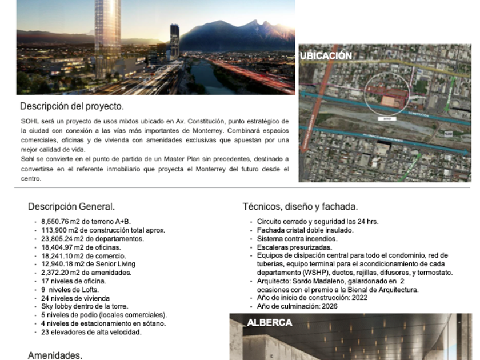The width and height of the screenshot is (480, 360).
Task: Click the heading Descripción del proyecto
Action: pyautogui.click(x=71, y=106)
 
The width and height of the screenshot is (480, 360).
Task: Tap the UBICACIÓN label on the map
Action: pyautogui.click(x=326, y=56)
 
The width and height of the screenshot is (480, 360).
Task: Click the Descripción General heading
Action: pyautogui.click(x=71, y=207)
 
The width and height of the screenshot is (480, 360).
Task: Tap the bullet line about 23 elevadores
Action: pyautogui.click(x=91, y=332)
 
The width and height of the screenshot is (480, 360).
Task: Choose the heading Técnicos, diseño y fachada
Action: pyautogui.click(x=300, y=207)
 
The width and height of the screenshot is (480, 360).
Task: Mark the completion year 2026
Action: pyautogui.click(x=330, y=306)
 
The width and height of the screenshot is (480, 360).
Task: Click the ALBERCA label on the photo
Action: pyautogui.click(x=269, y=323)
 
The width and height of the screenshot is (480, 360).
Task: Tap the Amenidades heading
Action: pyautogui.click(x=55, y=355)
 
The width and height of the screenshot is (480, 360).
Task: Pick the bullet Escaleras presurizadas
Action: pyautogui.click(x=294, y=247)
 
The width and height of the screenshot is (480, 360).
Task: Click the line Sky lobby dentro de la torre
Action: pyautogui.click(x=85, y=306)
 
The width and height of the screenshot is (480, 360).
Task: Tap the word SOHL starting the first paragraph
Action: pyautogui.click(x=28, y=121)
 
